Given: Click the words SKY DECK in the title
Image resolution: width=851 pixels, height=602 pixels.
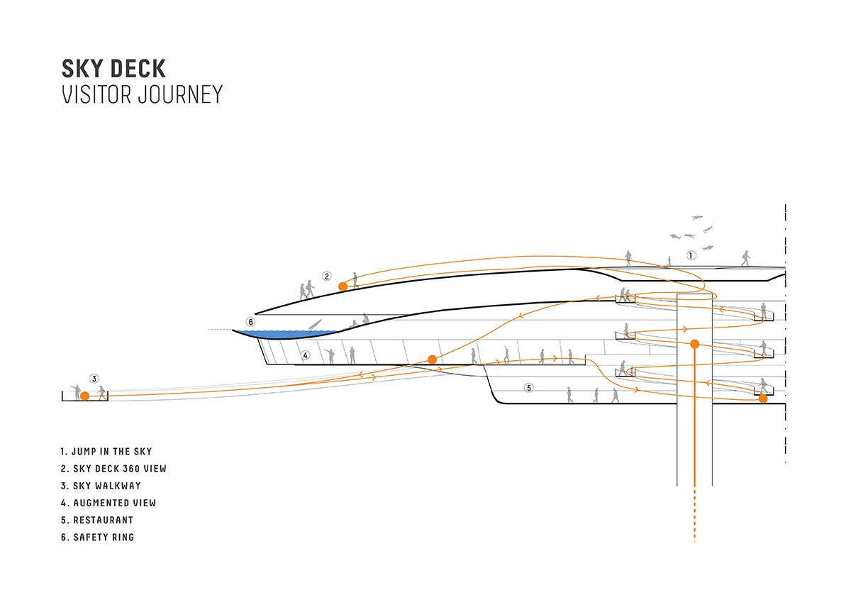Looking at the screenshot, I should pos(113,69).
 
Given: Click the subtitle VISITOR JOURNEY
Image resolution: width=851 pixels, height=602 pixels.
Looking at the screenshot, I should pos(142,94).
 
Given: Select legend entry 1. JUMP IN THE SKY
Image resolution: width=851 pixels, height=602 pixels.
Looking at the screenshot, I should pos(106,452).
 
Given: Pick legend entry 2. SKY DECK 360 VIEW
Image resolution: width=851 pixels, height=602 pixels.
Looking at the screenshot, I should pos(113,469).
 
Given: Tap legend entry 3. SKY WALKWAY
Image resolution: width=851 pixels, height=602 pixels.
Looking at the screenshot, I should pos(101,486).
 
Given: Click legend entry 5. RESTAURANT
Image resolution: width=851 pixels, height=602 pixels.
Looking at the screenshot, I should pos(97,520).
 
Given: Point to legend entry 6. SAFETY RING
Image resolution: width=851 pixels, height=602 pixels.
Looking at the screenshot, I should pos(98,537).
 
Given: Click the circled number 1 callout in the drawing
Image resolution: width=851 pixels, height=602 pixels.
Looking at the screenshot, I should pos(691,255).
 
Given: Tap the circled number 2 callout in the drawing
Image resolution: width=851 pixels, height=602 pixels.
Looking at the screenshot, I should pos(326,276).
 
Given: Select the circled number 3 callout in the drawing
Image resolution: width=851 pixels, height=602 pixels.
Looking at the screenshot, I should pos(94,378).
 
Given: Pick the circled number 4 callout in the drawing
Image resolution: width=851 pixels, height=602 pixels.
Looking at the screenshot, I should pos(305,355).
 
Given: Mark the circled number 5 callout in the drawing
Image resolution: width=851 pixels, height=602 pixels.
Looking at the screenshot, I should pos(528,388).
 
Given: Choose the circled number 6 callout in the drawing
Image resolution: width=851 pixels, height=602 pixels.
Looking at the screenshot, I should pos(250,321).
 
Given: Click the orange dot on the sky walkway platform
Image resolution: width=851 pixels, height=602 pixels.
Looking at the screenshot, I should pos(84,396).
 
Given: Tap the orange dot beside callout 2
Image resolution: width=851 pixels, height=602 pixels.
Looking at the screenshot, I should pos(343,286).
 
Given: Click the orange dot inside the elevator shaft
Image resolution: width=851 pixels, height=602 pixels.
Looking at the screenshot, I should pos(694,345).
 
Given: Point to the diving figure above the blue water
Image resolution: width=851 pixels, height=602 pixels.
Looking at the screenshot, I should pos(314,325).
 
